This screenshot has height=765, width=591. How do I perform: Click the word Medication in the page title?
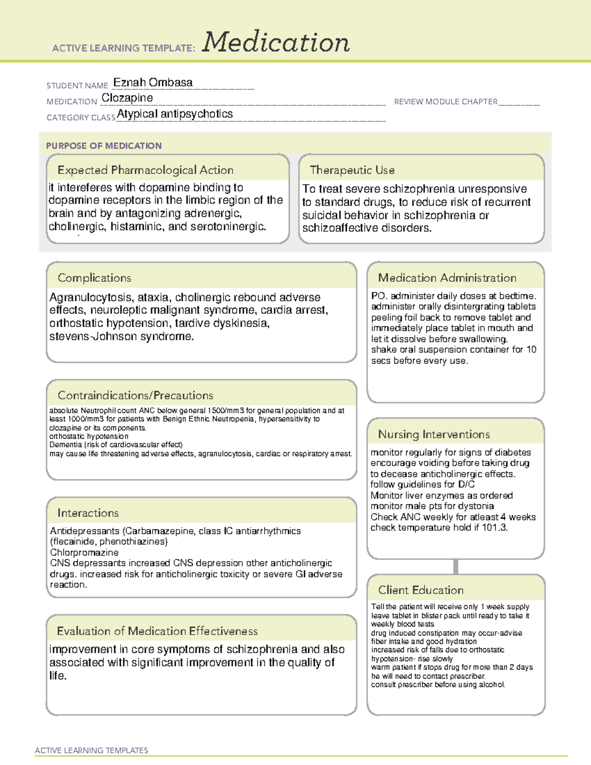point(276,42)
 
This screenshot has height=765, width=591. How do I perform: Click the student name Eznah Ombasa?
point(153,83)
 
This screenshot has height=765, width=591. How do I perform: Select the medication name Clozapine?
point(127,98)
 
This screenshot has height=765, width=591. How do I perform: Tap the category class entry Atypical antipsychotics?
point(175,114)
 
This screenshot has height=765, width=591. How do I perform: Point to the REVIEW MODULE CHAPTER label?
point(445,101)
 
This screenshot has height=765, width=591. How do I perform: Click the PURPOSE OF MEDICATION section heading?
point(103,146)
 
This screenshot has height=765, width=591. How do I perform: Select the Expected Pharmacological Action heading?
point(145,170)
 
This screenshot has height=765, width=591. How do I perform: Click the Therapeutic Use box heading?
point(352,170)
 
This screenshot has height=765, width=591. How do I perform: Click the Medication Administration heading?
point(447,278)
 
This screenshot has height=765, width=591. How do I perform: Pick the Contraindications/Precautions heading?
point(135,395)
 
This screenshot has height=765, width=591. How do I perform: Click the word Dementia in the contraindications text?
point(66,444)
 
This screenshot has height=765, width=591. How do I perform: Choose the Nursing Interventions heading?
point(434,434)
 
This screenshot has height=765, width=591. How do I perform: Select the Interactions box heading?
point(88,513)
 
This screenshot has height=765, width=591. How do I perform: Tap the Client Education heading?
point(421,590)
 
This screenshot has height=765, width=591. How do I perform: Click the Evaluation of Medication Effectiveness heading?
point(157,631)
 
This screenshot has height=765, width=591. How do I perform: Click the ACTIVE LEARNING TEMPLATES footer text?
point(92,750)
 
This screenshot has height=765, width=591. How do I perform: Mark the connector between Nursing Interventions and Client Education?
point(456,566)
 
